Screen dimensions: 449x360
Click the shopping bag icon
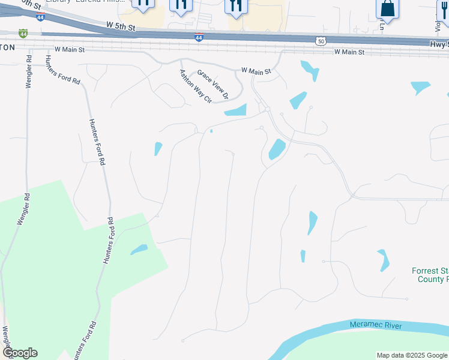(388, 8)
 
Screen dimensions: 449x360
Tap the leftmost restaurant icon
(143, 4)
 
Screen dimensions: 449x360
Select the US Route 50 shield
(321, 40)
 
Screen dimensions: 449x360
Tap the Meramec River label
(376, 325)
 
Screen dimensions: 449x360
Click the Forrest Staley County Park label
(430, 275)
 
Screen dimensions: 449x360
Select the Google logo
(20, 353)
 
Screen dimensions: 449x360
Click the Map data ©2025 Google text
(411, 355)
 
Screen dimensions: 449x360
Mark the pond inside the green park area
(139, 249)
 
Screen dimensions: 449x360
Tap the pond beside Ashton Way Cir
(235, 110)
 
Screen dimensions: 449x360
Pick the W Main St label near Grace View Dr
(256, 71)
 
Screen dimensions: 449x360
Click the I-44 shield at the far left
(23, 34)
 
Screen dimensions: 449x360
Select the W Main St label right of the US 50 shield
(349, 52)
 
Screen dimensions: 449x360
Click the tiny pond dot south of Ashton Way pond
(211, 131)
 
